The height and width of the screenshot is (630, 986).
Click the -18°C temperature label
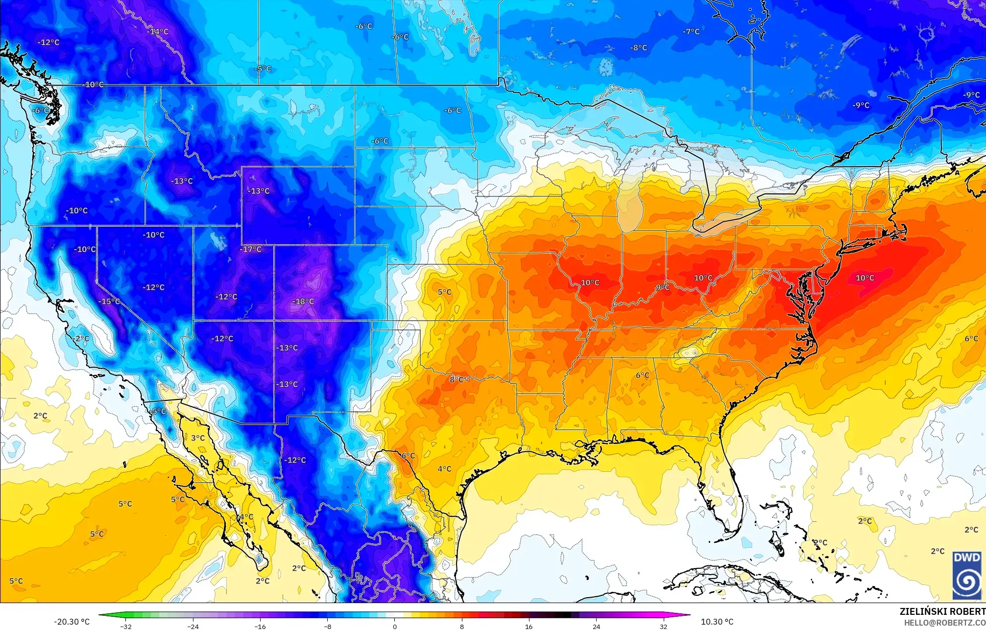point(303,302)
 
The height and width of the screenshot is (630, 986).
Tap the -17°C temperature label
point(251,249)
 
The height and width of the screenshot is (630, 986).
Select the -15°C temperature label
point(109,301)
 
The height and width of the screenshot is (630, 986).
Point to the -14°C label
point(158,32)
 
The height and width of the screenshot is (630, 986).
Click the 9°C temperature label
point(663,287)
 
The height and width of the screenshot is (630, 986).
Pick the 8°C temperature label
point(457,379)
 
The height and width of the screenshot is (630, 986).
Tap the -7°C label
point(691,32)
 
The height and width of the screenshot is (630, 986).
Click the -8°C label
point(638,48)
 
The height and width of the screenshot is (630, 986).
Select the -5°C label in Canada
point(263,69)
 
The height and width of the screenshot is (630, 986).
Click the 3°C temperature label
point(198,438)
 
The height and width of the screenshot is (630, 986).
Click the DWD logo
point(967,575)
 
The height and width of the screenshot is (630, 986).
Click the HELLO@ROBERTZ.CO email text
point(944,623)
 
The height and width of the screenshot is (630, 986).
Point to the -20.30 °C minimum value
point(72,622)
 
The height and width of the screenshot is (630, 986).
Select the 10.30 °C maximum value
point(717,622)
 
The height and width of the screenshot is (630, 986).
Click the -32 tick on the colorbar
point(126,627)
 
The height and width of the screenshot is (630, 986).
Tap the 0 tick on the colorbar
point(394,627)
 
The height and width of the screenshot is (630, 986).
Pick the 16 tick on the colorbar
point(529,627)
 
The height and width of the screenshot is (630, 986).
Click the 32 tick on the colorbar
point(663,627)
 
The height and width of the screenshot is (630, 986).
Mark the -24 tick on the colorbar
point(193,627)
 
